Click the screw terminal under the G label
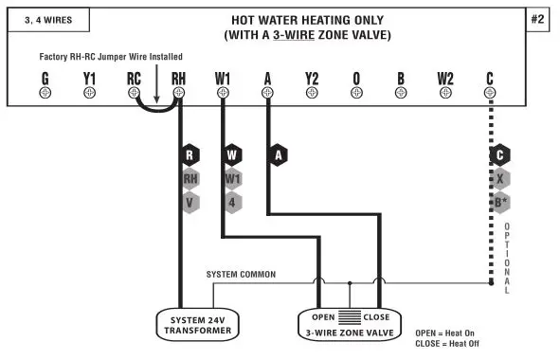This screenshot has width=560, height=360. click(x=45, y=93)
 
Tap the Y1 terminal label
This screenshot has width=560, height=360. click(x=89, y=77)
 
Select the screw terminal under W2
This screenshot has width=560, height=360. click(x=446, y=93)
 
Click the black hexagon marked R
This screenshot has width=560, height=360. click(x=190, y=153)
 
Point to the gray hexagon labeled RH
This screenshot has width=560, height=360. click(x=190, y=177)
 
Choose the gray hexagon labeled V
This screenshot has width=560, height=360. click(x=190, y=201)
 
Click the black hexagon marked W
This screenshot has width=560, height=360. click(x=234, y=153)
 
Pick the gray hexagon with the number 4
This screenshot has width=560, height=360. click(x=234, y=201)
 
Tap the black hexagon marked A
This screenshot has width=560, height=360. click(x=279, y=153)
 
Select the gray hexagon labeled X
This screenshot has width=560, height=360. click(x=500, y=177)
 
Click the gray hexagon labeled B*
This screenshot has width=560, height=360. click(x=500, y=201)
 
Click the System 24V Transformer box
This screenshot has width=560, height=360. click(x=197, y=325)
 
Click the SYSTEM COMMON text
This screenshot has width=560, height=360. click(x=241, y=275)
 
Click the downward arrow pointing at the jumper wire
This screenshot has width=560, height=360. click(x=157, y=86)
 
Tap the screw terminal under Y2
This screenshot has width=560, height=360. click(x=312, y=93)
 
